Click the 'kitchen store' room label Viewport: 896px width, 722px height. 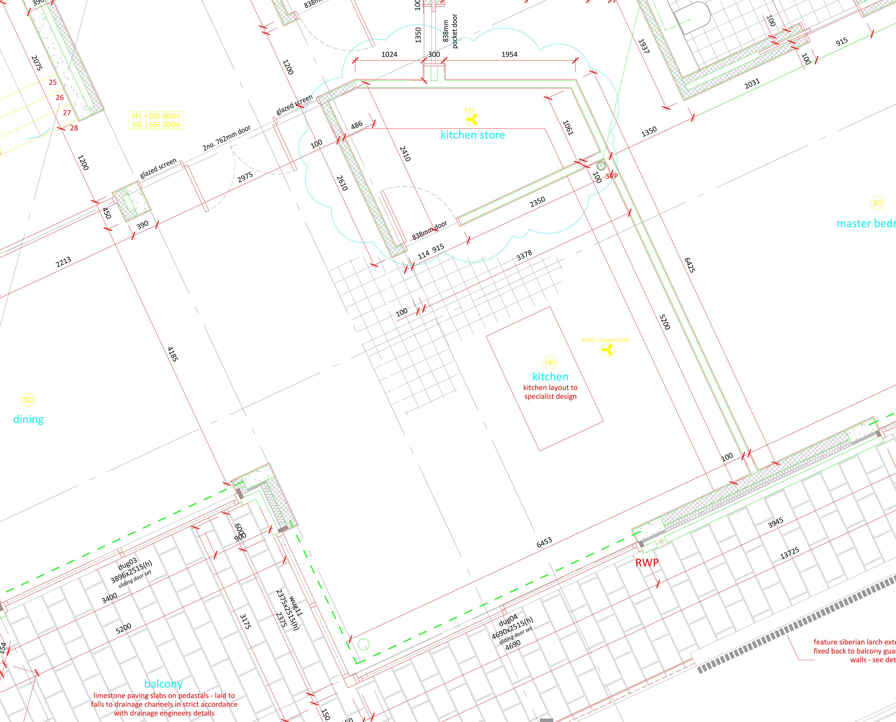(x=472, y=135)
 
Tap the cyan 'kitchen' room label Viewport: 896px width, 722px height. (x=550, y=377)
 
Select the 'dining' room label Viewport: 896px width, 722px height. (x=28, y=419)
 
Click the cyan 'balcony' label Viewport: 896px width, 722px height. (x=163, y=684)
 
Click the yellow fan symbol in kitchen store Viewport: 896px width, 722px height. (x=472, y=120)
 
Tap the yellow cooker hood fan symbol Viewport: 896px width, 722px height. (x=608, y=350)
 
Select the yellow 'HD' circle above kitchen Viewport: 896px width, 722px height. (x=550, y=362)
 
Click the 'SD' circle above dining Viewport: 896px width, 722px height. (x=28, y=400)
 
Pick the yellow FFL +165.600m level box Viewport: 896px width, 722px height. (x=156, y=120)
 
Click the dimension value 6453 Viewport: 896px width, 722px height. (x=544, y=542)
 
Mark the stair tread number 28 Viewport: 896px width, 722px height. (x=74, y=128)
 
